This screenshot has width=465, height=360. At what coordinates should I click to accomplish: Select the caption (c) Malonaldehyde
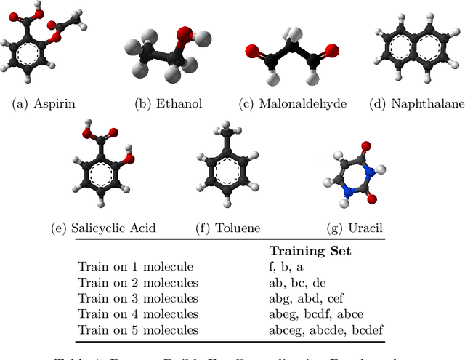tap(293, 103)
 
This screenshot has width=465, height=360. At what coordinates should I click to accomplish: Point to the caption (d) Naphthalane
tap(417, 103)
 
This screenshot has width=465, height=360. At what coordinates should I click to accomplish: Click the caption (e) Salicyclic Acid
tap(103, 228)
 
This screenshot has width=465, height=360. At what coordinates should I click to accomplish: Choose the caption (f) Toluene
tap(228, 228)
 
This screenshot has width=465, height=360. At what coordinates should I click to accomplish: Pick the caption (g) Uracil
tap(356, 228)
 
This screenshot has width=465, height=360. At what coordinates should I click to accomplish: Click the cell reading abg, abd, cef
tap(311, 298)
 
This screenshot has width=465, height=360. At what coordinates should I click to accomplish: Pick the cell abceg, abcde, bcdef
tap(326, 330)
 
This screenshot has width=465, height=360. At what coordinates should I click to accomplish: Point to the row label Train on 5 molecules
tap(138, 330)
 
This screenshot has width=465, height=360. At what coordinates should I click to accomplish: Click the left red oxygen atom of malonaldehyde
tap(251, 52)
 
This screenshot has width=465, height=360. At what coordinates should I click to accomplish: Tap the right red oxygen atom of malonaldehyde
tap(332, 50)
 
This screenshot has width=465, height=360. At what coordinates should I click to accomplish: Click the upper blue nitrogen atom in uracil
tap(370, 172)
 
